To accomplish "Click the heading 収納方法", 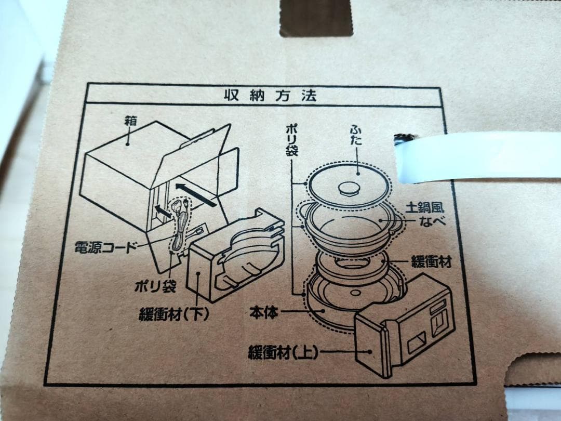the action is [271, 96].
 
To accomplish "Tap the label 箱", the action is [130, 121].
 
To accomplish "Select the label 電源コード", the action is [106, 247].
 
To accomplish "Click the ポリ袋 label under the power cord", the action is [155, 286].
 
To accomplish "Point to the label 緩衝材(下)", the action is [174, 314].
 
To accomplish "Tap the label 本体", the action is [264, 312].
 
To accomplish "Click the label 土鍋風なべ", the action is [425, 214].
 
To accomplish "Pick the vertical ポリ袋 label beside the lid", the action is [291, 141].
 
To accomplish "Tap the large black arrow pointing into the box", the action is [195, 195].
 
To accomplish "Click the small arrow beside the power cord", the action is [162, 211].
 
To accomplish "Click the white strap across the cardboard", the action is [478, 157].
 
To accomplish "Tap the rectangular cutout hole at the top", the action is [316, 18].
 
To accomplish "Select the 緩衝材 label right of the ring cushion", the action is [431, 261].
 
